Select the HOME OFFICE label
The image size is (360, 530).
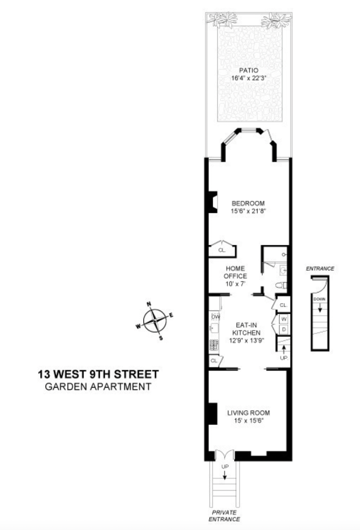[x=235, y=272]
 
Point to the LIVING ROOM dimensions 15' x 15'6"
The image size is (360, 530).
[x=248, y=420]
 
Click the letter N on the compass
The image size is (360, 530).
[x=149, y=304]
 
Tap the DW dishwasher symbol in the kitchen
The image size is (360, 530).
[x=215, y=317]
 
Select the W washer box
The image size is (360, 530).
[x=283, y=319]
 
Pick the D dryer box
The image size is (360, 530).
[x=283, y=329]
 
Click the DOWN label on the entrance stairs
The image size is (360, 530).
[x=319, y=299]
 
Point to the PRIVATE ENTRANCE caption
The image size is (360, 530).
[x=225, y=516]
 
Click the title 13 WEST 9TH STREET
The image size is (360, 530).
[x=98, y=374]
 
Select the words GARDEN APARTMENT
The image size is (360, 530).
[x=98, y=386]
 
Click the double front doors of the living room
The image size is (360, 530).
[x=225, y=455]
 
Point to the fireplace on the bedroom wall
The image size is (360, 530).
[x=213, y=202]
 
